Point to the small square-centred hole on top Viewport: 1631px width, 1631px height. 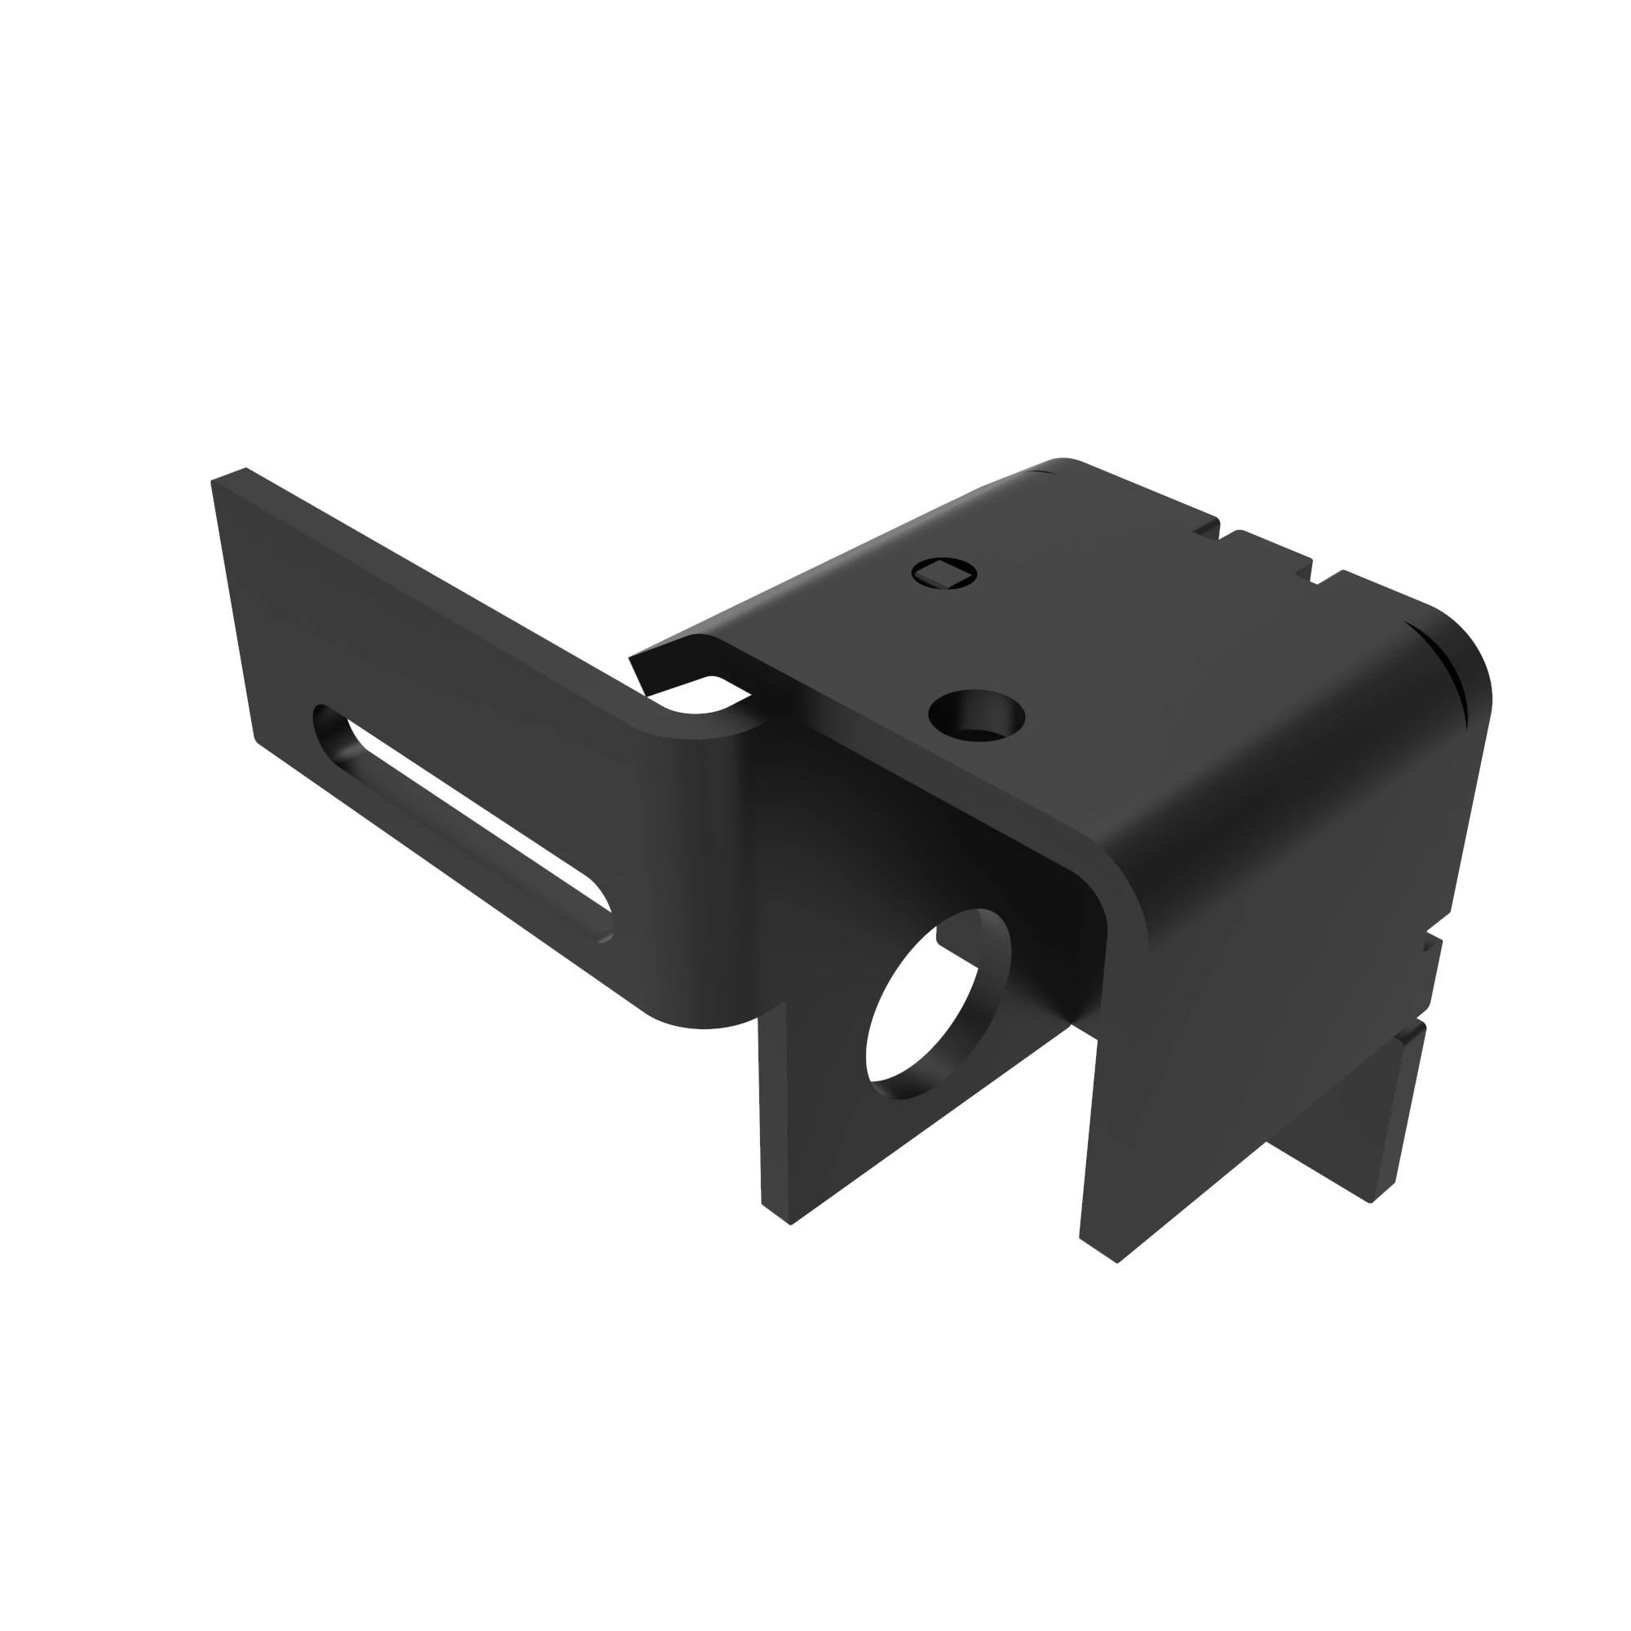(x=944, y=574)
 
